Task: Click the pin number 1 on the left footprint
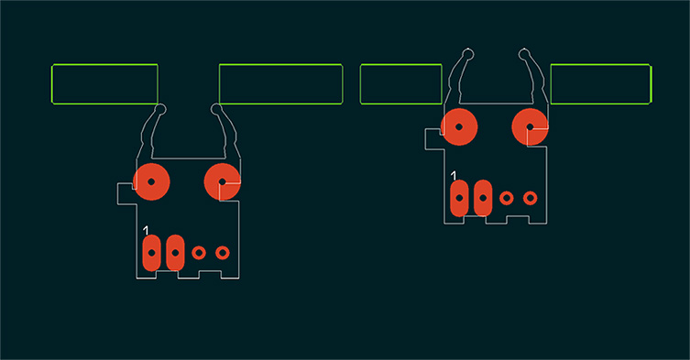click(x=146, y=230)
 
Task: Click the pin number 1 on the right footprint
click(x=454, y=176)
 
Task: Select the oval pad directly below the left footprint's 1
click(x=152, y=253)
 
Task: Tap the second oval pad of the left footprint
click(x=175, y=253)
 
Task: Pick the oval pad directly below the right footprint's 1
click(x=459, y=198)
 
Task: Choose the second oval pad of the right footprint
click(x=483, y=198)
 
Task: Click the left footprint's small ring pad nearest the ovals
click(x=199, y=253)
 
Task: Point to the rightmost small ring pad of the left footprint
click(x=223, y=253)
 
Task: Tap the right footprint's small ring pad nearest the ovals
click(x=507, y=198)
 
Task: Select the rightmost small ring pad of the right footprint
click(x=531, y=198)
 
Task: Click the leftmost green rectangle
click(x=104, y=65)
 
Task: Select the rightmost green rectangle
click(x=601, y=65)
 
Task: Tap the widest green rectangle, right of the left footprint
click(x=280, y=65)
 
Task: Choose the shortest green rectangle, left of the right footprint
click(x=400, y=65)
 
